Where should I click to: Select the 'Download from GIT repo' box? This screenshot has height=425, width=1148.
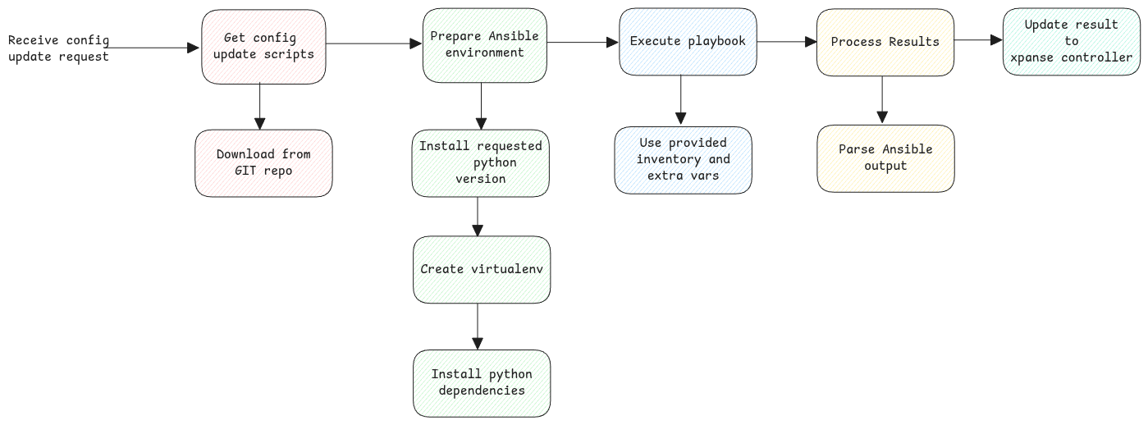263,162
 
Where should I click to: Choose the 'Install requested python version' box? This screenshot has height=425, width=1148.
480,162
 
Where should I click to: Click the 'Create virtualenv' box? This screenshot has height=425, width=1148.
482,269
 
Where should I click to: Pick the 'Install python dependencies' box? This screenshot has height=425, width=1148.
482,382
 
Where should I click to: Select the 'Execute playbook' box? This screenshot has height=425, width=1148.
688,42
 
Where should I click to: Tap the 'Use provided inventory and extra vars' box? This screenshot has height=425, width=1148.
683,160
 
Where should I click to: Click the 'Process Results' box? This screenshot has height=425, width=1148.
885,42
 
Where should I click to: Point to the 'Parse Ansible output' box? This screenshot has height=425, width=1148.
885,158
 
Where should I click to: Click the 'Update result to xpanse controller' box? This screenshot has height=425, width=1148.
1072,41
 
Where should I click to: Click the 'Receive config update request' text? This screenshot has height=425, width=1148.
58,48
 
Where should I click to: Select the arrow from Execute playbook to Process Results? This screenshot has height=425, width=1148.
786,40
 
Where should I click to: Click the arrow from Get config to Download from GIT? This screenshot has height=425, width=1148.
259,106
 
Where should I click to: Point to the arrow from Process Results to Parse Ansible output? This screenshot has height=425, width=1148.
882,99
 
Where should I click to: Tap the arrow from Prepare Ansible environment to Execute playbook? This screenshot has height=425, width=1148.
583,42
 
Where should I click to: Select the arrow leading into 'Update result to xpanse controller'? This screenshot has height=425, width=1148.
978,39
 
